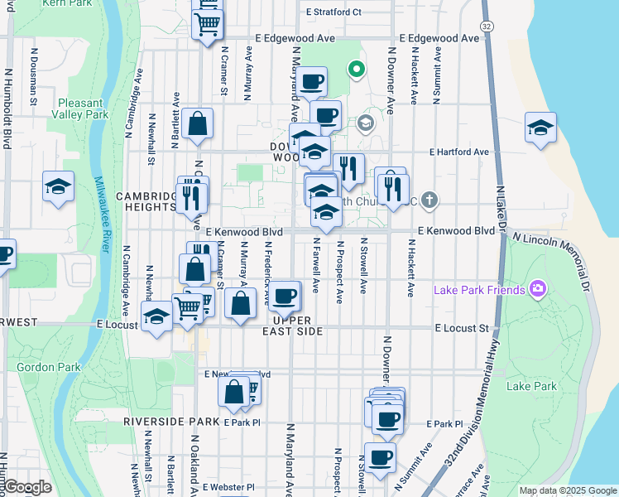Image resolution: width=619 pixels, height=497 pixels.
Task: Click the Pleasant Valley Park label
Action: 83,109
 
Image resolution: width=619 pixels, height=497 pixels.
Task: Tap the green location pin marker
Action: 357,70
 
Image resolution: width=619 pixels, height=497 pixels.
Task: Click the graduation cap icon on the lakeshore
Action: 540,128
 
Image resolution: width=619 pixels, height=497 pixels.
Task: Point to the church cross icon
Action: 428,199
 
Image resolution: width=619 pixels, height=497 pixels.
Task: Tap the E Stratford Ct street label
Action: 333,12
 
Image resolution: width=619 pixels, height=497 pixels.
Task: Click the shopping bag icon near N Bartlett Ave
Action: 199,125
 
